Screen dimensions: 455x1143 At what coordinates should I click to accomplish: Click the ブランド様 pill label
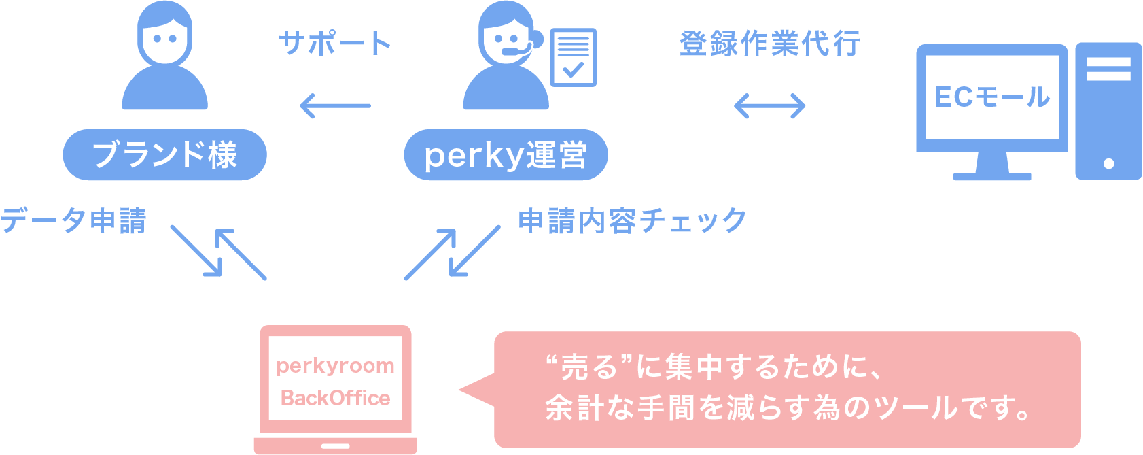click(x=164, y=155)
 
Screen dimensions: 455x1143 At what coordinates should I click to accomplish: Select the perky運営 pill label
click(x=506, y=155)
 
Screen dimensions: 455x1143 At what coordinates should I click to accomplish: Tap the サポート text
click(x=335, y=44)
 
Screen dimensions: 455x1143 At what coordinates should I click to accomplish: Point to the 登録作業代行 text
click(x=770, y=44)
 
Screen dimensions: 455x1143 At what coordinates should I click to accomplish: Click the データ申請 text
click(x=73, y=221)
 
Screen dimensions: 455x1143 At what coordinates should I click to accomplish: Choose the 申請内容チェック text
click(x=632, y=221)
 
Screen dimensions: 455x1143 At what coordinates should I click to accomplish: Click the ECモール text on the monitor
click(x=992, y=97)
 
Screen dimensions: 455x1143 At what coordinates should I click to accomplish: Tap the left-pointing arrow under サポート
click(x=335, y=105)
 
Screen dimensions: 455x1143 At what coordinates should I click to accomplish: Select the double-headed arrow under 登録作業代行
click(x=770, y=105)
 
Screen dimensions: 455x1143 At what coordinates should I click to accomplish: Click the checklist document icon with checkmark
click(x=574, y=57)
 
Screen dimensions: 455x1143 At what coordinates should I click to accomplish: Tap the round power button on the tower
click(x=1108, y=163)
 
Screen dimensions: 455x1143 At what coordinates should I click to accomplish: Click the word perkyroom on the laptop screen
click(x=335, y=366)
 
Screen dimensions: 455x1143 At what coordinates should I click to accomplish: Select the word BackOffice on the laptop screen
click(x=335, y=398)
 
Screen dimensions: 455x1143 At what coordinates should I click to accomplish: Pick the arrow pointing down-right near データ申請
click(x=196, y=251)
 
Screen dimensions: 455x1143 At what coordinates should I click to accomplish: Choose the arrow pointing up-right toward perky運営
click(x=430, y=254)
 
